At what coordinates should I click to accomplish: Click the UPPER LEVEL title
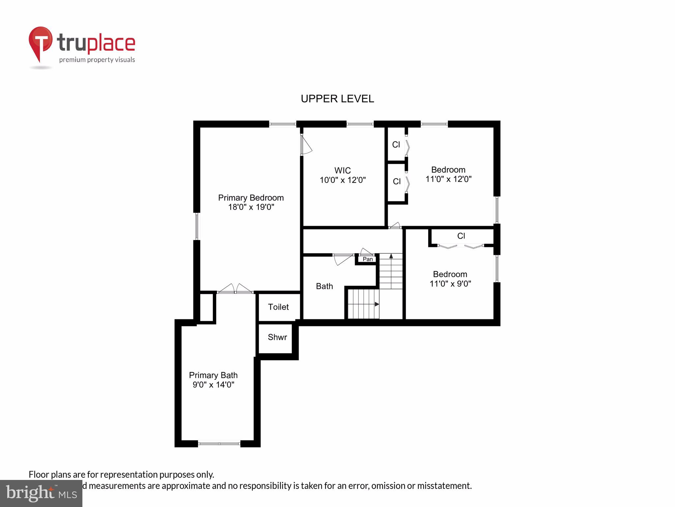click(337, 99)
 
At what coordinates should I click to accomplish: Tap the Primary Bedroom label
click(251, 198)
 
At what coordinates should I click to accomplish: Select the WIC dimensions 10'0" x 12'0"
click(343, 180)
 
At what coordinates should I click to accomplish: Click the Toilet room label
click(279, 307)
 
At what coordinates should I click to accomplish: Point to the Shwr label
click(277, 337)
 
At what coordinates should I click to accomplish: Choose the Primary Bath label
click(213, 375)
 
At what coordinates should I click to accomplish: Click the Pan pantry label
click(367, 259)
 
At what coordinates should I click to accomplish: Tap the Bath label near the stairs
click(324, 286)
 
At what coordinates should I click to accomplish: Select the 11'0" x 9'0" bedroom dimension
click(450, 284)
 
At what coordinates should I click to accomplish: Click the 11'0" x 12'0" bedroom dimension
click(448, 179)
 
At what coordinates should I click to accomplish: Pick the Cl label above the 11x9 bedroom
click(461, 236)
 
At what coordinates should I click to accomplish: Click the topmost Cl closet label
click(396, 145)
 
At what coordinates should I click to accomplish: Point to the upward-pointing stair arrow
click(391, 256)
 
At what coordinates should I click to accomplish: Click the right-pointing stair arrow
click(377, 304)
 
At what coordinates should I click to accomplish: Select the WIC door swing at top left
click(306, 145)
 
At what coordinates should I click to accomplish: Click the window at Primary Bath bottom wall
click(219, 444)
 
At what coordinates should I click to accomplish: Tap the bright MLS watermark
click(41, 493)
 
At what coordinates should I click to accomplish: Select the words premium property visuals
click(97, 60)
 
